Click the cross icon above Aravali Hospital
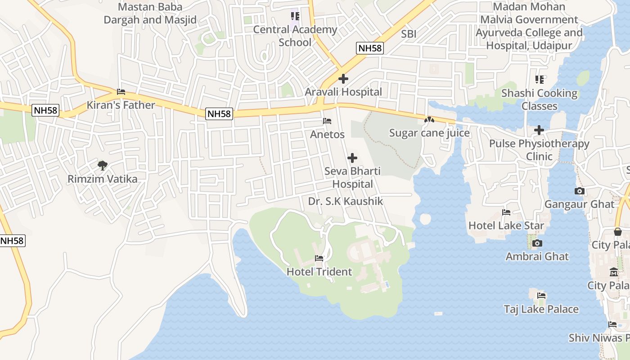pos(343,79)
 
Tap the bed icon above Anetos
pos(327,121)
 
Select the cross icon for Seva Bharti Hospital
pos(352,158)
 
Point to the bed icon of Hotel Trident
pos(319,258)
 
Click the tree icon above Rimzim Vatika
pos(103,165)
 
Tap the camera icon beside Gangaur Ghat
pos(580,191)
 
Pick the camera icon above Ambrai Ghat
pos(537,243)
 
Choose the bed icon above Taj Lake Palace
pos(541,296)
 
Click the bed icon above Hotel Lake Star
pos(506,212)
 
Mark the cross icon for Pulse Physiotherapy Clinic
pos(539,130)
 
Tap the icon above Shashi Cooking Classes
pos(540,80)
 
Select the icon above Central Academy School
pos(295,17)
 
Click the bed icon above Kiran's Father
pos(121,92)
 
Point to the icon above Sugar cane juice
pos(429,120)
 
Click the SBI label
pos(409,34)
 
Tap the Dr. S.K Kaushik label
pos(346,201)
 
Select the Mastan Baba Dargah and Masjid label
pos(150,13)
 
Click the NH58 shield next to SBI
pos(370,49)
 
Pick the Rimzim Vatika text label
pos(103,179)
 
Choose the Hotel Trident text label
pos(319,272)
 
